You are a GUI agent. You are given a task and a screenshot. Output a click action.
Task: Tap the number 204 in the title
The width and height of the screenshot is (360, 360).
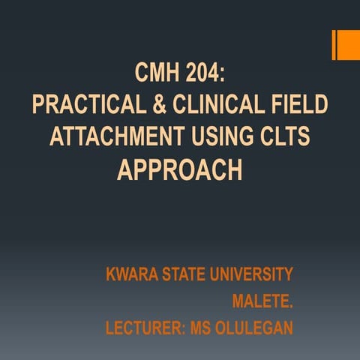tap(204, 74)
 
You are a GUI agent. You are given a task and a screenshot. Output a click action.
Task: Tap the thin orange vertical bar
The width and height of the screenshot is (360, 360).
tap(334, 44)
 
